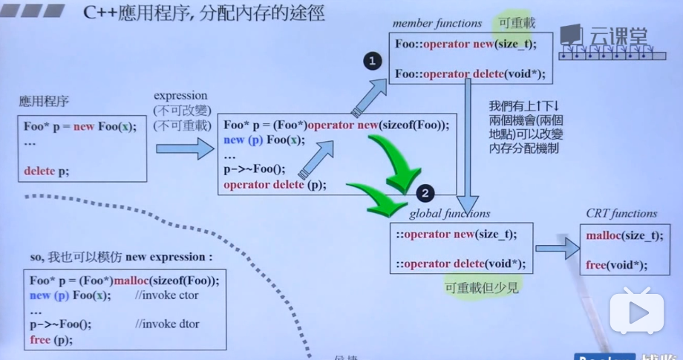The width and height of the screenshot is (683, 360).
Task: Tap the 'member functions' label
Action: tap(437, 24)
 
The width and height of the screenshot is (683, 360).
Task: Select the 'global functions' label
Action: tap(450, 214)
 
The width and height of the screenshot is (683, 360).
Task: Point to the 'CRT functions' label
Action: tap(622, 214)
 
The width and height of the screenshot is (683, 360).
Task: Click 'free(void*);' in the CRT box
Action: tap(616, 265)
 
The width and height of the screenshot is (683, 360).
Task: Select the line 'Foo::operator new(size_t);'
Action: tap(465, 45)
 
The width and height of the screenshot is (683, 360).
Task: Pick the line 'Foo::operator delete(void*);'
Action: tap(470, 73)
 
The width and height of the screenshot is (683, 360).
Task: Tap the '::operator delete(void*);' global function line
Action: tap(460, 264)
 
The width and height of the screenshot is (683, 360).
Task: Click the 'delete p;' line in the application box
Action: tap(46, 171)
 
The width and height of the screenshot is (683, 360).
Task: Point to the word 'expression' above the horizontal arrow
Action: tap(180, 96)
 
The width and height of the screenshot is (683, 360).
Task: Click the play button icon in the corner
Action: tap(636, 312)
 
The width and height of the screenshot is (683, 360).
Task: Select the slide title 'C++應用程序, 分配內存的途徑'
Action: tap(200, 13)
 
